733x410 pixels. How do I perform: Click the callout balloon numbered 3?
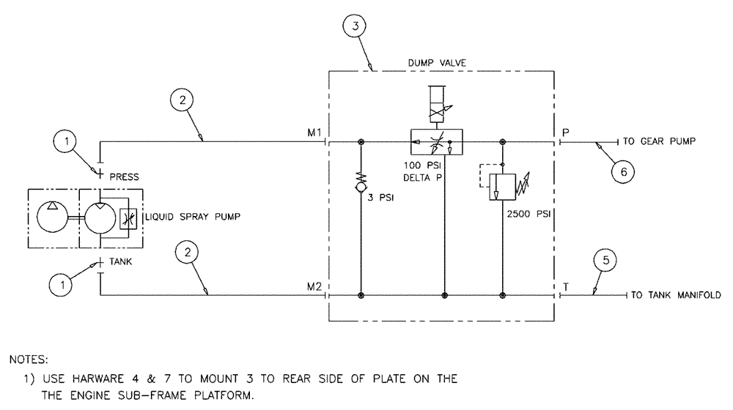[x=355, y=26]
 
